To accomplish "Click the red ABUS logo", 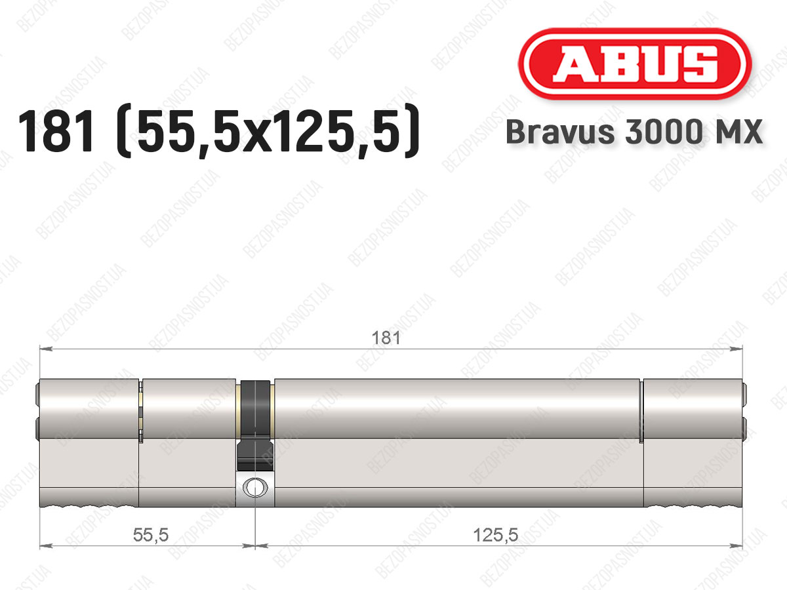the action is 635,64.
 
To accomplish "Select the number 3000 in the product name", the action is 662,132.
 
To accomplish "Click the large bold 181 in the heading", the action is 58,131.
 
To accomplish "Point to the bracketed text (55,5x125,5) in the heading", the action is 268,131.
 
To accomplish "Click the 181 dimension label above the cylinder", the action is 386,338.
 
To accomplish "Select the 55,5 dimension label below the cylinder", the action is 151,535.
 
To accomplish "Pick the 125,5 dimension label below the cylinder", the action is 496,535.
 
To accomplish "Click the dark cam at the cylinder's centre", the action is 255,425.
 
